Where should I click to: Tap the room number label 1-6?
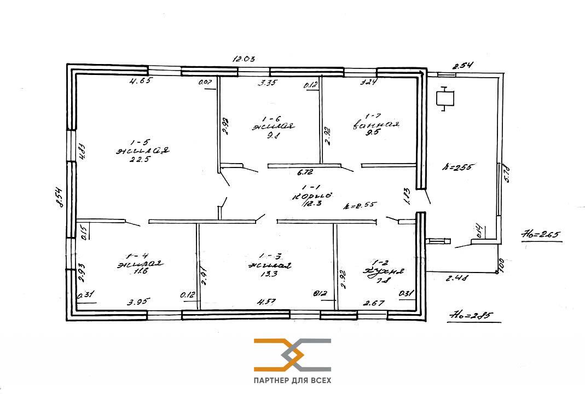pyautogui.click(x=271, y=118)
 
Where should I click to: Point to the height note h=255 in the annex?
pyautogui.click(x=461, y=167)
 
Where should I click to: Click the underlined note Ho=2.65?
pyautogui.click(x=540, y=236)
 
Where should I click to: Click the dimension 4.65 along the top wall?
pyautogui.click(x=140, y=81)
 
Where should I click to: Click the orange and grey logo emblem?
pyautogui.click(x=292, y=355)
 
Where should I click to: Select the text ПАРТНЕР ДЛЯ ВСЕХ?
pyautogui.click(x=292, y=380)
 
